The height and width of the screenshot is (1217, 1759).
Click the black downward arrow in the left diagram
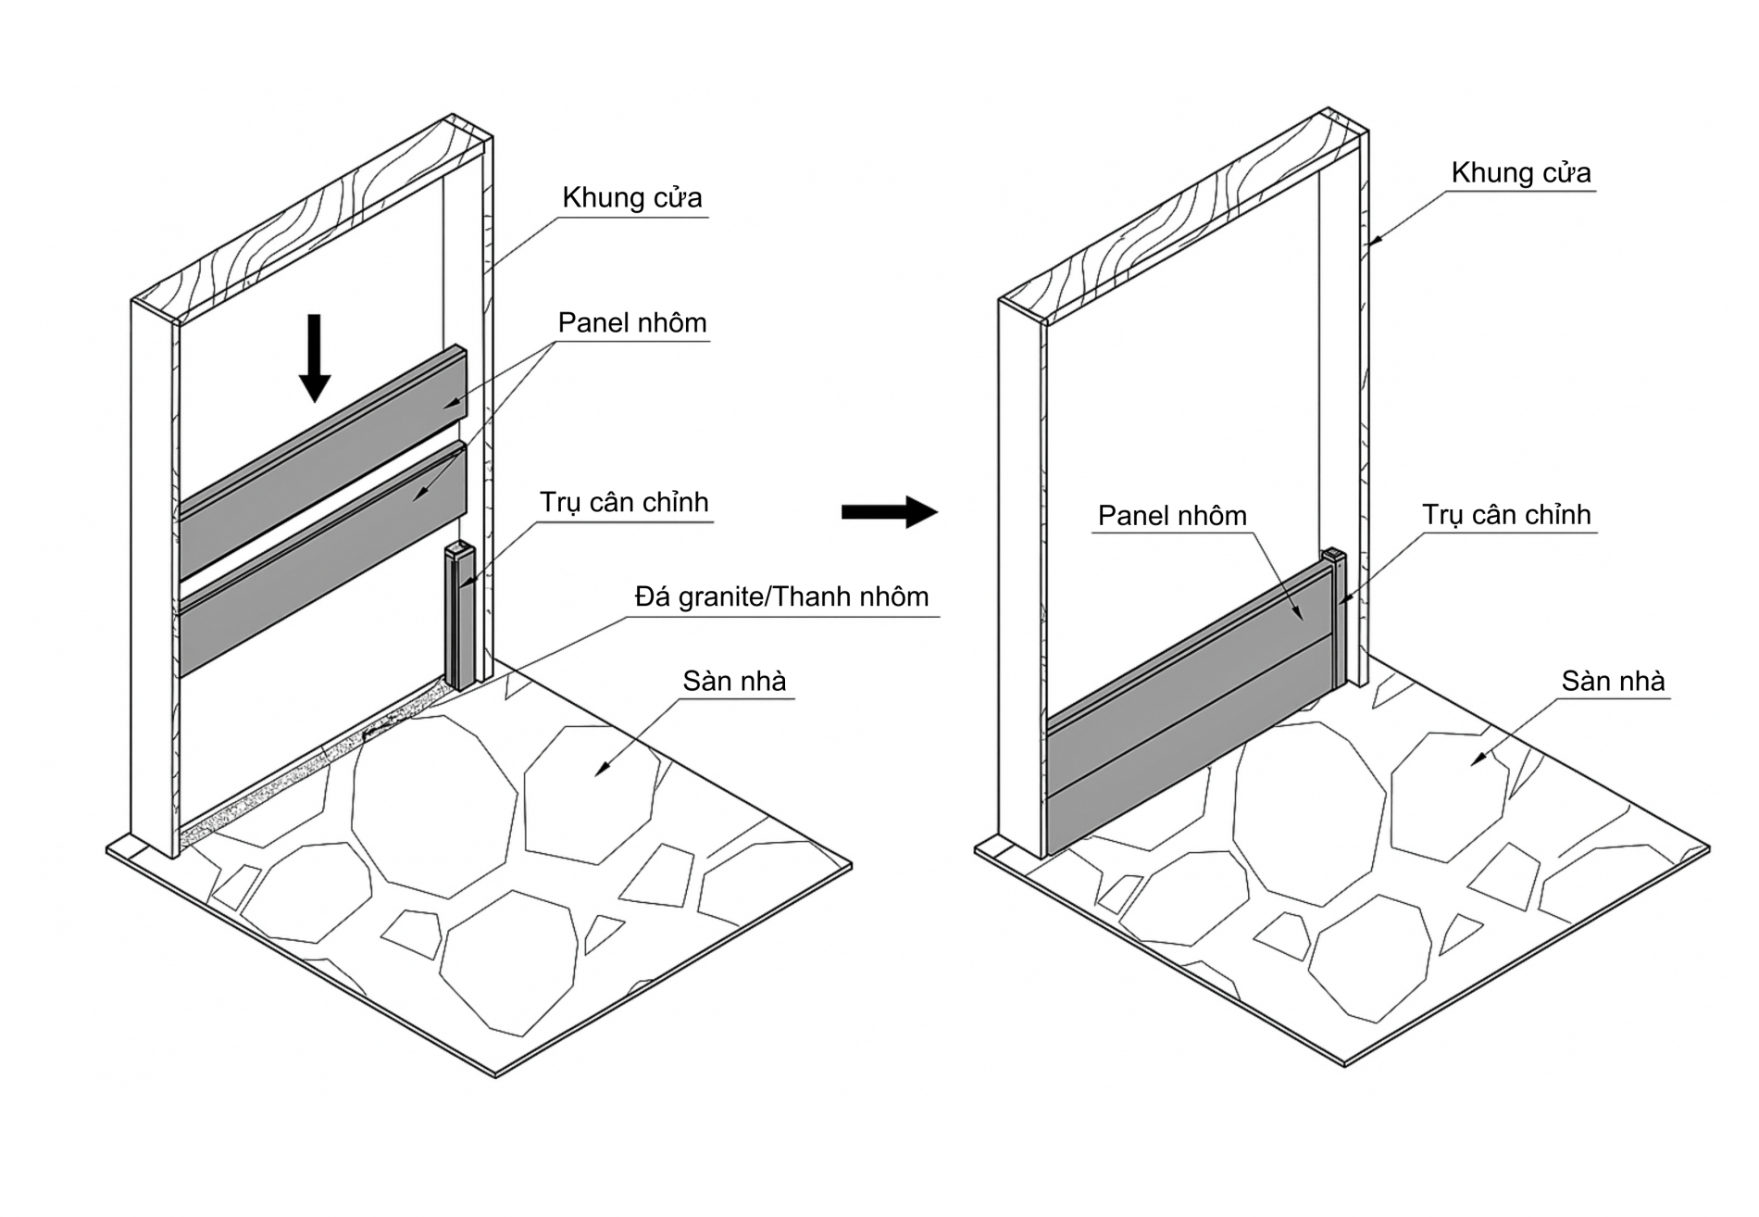[315, 358]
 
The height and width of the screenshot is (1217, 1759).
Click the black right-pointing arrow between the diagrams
[890, 511]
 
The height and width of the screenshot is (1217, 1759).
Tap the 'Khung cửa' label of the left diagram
[632, 197]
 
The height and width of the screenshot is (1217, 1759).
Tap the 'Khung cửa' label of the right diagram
[1521, 172]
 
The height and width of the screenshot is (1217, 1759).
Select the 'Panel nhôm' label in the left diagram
[632, 322]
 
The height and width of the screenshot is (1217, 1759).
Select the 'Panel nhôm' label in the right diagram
[1172, 515]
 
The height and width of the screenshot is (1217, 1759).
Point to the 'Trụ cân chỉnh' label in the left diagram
[624, 502]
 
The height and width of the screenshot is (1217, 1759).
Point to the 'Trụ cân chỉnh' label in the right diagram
[1506, 515]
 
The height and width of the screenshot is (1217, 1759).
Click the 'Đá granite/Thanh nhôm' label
[781, 596]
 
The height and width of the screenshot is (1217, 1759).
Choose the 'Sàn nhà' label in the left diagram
[734, 681]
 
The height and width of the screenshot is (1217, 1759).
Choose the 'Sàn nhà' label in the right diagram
[1613, 681]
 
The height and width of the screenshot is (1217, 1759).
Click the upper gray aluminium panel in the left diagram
[321, 463]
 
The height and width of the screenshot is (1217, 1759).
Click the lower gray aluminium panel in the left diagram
[321, 558]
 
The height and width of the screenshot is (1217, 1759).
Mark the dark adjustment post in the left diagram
[460, 616]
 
